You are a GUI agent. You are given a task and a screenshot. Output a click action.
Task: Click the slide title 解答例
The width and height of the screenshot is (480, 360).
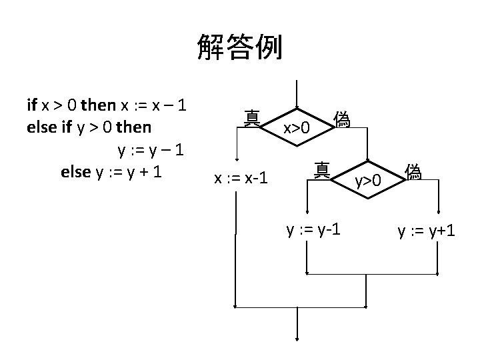pyautogui.click(x=239, y=48)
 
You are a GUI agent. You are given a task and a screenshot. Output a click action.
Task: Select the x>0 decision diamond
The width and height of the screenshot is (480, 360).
pyautogui.click(x=297, y=126)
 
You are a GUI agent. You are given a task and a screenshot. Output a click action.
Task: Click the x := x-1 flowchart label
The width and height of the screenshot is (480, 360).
pyautogui.click(x=241, y=178)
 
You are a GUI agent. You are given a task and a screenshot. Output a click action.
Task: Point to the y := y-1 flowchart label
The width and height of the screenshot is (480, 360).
pyautogui.click(x=313, y=230)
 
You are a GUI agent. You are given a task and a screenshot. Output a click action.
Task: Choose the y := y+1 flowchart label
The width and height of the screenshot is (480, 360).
pyautogui.click(x=427, y=231)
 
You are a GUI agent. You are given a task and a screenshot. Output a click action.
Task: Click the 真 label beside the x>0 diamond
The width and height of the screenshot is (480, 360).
pyautogui.click(x=252, y=118)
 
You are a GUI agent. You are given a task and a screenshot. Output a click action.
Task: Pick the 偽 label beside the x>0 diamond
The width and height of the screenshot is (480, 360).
pyautogui.click(x=342, y=119)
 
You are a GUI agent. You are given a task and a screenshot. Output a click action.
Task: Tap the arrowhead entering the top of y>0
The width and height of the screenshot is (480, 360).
pyautogui.click(x=367, y=158)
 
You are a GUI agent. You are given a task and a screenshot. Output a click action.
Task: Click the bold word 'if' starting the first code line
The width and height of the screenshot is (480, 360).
pyautogui.click(x=31, y=105)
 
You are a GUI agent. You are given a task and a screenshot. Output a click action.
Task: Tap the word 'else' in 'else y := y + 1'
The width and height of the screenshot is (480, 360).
pyautogui.click(x=76, y=171)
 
